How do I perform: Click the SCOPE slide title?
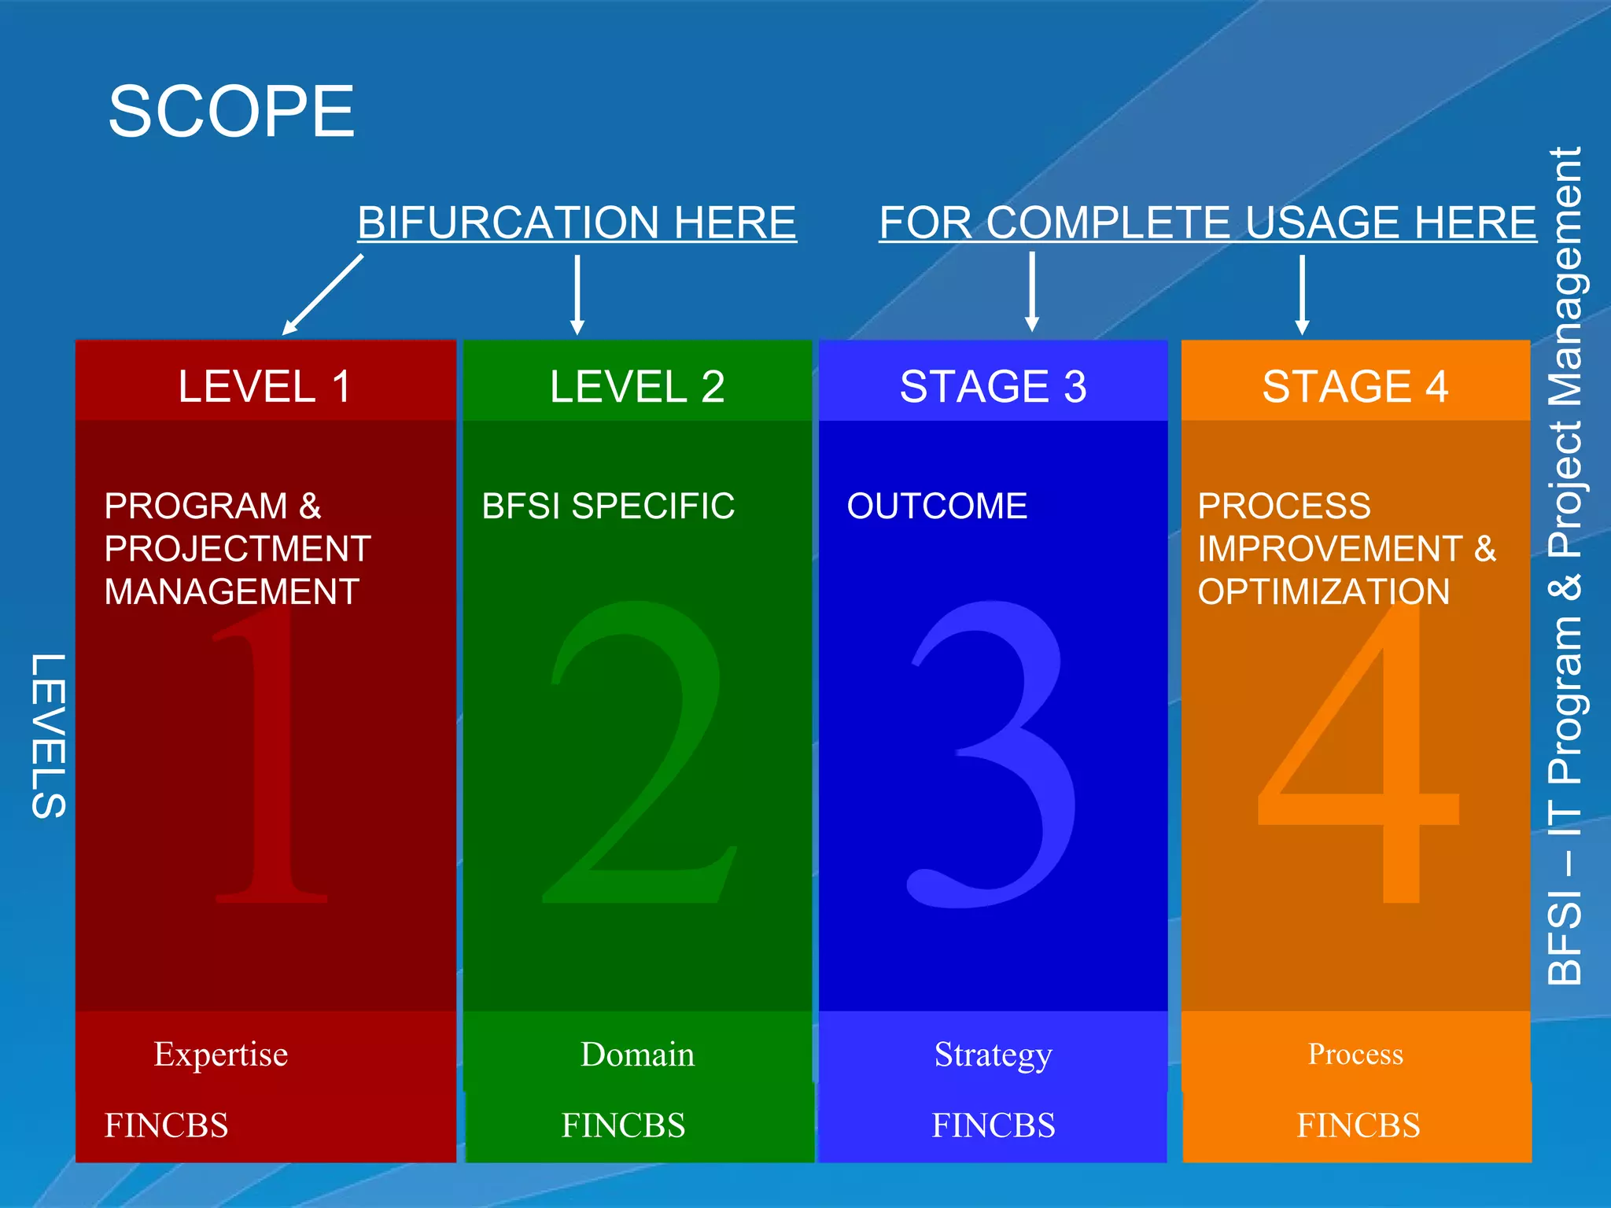pos(231,112)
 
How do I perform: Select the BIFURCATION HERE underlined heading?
pos(577,223)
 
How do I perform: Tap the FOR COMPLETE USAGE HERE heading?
pos(1207,223)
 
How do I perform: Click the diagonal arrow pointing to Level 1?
pos(323,295)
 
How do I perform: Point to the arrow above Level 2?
pos(577,295)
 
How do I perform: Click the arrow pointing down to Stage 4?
pos(1302,295)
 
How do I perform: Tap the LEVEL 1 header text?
pos(264,387)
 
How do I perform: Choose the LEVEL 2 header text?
pos(637,387)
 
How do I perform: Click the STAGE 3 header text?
pos(993,387)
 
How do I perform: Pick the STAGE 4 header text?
pos(1355,387)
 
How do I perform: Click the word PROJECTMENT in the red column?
pos(238,549)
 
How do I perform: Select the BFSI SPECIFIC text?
pos(608,506)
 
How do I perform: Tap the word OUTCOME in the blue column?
pos(937,506)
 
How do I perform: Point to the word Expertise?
pos(220,1055)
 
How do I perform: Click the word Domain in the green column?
pos(637,1055)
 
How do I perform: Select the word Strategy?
pos(993,1055)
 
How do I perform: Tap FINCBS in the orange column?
pos(1358,1125)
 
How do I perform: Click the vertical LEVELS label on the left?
pos(49,736)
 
